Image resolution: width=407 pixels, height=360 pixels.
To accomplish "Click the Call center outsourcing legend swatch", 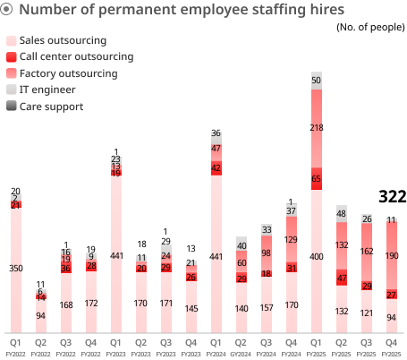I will (x=11, y=57).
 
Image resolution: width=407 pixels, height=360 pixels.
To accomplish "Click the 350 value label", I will (x=16, y=269).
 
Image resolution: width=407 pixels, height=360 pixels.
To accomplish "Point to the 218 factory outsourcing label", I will (x=317, y=128).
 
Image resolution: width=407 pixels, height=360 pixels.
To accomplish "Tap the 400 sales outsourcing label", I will (x=317, y=257).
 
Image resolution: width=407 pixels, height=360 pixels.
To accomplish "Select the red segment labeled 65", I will (x=317, y=179).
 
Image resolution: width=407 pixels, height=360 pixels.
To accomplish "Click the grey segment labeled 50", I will (x=317, y=81).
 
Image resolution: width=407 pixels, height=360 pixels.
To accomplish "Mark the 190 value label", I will (x=392, y=255).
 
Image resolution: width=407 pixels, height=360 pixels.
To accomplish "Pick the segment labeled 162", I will (x=367, y=253).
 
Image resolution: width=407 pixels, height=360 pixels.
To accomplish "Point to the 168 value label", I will (x=66, y=304).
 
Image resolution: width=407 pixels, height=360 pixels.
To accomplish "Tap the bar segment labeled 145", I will (x=191, y=309).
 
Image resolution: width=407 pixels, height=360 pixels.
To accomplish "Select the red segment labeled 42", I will (x=216, y=167).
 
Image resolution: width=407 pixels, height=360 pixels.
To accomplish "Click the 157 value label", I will (x=267, y=308).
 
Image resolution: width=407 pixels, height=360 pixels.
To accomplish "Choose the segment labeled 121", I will (x=367, y=313).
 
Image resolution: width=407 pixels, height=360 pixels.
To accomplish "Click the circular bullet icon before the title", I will (x=7, y=11).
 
